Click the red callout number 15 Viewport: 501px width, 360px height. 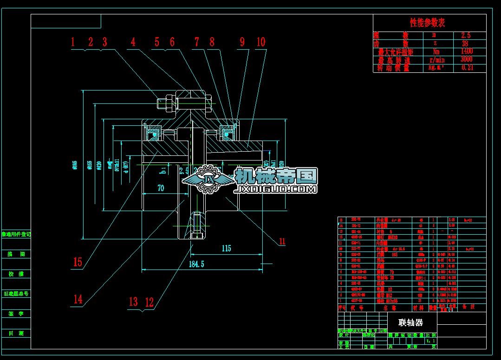click(78, 262)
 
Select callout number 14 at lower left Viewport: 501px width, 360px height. click(78, 299)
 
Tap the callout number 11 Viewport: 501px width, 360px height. click(282, 241)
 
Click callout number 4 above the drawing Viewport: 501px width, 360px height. click(133, 42)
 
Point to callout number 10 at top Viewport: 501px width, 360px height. click(261, 42)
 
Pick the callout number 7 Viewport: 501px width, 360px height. click(196, 42)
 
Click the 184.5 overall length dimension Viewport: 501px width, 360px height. click(196, 264)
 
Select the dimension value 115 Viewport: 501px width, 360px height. click(226, 249)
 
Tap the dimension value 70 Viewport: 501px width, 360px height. click(161, 188)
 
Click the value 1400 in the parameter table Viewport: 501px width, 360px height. click(467, 51)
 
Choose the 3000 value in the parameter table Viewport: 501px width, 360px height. click(467, 59)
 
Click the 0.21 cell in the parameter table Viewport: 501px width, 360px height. click(467, 68)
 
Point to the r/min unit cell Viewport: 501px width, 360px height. click(436, 60)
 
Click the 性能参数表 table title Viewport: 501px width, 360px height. click(428, 22)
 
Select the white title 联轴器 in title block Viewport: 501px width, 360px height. click(411, 322)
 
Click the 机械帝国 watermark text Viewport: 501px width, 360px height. click(276, 176)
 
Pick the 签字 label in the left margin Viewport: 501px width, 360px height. click(16, 314)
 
